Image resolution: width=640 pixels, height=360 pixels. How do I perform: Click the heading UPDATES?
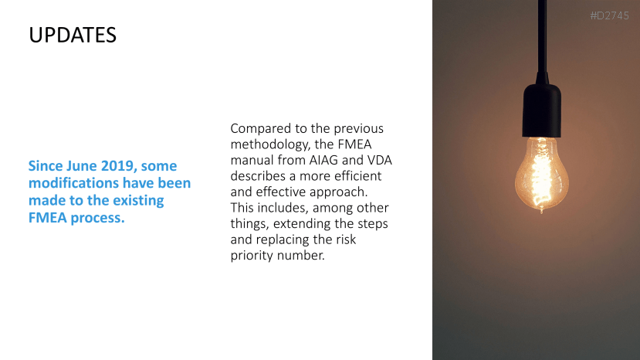pyautogui.click(x=73, y=35)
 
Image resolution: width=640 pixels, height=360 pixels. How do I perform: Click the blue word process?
pyautogui.click(x=97, y=218)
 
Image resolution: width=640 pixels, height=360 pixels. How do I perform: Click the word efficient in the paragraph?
pyautogui.click(x=358, y=176)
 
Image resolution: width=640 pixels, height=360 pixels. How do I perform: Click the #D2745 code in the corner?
pyautogui.click(x=609, y=16)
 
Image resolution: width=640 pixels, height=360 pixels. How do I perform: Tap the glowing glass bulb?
pyautogui.click(x=542, y=175)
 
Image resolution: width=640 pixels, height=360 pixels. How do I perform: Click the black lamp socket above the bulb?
pyautogui.click(x=542, y=107)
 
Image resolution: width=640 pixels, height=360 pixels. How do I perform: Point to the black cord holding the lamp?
pyautogui.click(x=542, y=37)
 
